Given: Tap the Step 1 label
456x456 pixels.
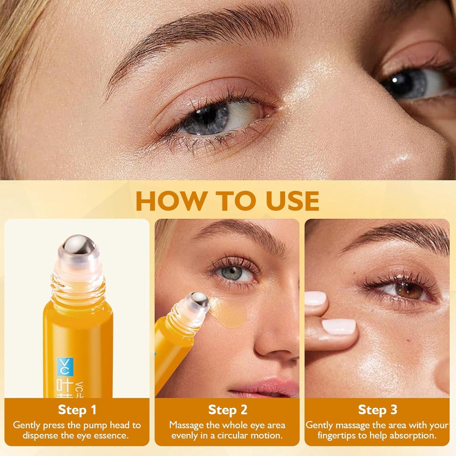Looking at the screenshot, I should point(77,410).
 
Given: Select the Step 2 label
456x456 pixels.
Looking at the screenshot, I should point(228,410).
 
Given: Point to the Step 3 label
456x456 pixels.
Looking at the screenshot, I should point(377,410).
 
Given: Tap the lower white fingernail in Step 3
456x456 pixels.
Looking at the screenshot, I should point(339,326).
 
